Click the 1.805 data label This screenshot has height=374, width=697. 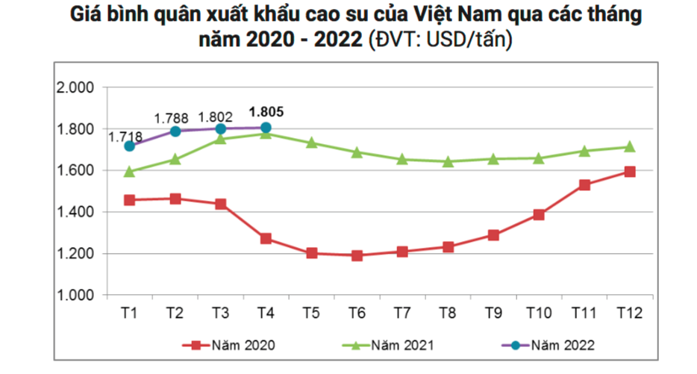click(x=266, y=112)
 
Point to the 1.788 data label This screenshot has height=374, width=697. click(x=171, y=118)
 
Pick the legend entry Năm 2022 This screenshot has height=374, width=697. click(x=562, y=345)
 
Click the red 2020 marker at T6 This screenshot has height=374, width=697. click(x=357, y=255)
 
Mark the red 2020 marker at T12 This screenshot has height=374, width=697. click(x=629, y=172)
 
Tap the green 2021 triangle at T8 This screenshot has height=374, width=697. click(x=448, y=161)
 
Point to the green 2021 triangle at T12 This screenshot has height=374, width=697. click(x=629, y=147)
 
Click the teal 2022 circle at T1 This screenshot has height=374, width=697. click(x=130, y=146)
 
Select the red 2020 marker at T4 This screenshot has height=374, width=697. click(x=266, y=239)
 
